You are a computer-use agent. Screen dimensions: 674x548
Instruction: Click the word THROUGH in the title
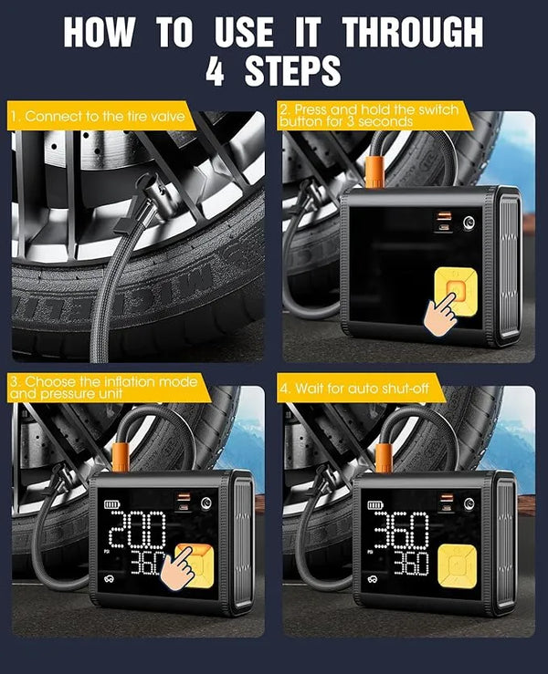pyautogui.click(x=412, y=32)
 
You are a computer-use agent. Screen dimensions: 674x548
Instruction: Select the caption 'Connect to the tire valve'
pyautogui.click(x=100, y=117)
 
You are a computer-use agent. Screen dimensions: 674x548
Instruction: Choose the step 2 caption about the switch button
pyautogui.click(x=369, y=115)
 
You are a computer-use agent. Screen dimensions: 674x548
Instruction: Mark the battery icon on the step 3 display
pyautogui.click(x=112, y=503)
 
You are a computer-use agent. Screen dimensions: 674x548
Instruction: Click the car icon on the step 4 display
pyautogui.click(x=374, y=579)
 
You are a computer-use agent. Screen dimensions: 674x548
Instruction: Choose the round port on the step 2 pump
pyautogui.click(x=469, y=220)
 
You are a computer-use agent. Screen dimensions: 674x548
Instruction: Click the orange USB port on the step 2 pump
pyautogui.click(x=443, y=215)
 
